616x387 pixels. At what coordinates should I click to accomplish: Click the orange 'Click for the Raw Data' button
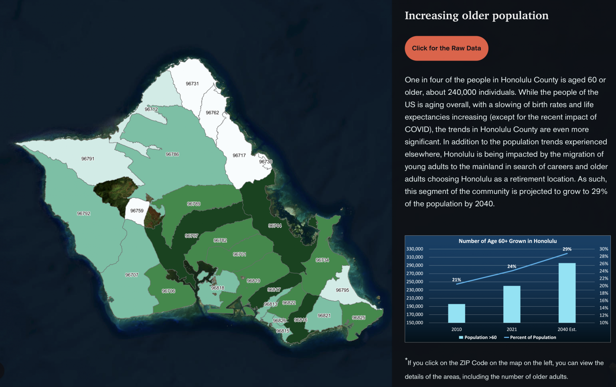point(446,48)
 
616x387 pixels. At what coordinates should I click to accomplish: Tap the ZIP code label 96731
point(192,84)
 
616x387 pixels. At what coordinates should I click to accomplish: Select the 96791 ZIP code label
point(88,159)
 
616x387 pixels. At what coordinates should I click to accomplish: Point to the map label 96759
point(137,211)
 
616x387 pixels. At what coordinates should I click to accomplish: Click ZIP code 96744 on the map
point(275,226)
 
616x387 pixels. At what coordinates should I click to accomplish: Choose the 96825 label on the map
point(359,318)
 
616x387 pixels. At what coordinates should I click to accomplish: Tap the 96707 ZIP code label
point(132,275)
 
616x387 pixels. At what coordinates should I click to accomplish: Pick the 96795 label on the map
point(342,290)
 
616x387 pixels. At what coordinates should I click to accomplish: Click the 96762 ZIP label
point(212,112)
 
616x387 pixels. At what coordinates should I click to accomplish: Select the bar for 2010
point(456,313)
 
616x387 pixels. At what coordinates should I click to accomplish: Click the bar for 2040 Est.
point(567,293)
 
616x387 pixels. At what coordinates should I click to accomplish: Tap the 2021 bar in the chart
point(512,304)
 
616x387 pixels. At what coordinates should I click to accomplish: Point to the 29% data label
point(567,249)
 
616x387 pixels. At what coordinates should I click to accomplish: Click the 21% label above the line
point(456,280)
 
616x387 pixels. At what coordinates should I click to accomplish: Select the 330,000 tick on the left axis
point(415,249)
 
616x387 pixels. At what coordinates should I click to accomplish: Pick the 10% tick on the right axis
point(604,323)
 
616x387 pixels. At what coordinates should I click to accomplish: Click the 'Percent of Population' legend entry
point(530,338)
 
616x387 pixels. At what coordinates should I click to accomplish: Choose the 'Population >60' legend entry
point(478,338)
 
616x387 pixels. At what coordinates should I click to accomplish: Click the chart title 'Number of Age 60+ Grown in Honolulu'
point(508,241)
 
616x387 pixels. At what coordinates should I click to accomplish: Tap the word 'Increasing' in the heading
point(432,16)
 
